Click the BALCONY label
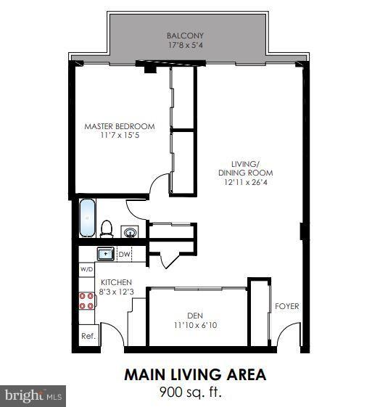tap(185, 36)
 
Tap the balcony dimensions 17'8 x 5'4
tap(185, 45)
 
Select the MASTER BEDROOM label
tap(120, 126)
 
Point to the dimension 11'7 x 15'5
tap(120, 136)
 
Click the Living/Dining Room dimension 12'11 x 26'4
tap(245, 183)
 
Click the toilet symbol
tap(107, 229)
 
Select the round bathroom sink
tap(130, 232)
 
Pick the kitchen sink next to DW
tap(105, 254)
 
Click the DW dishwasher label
tap(124, 254)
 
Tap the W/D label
tap(86, 269)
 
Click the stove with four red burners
tap(87, 300)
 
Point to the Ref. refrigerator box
tap(88, 336)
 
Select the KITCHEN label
tap(116, 281)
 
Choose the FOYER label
tap(286, 306)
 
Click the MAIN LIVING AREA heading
tap(194, 374)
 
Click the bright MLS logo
tap(33, 395)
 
